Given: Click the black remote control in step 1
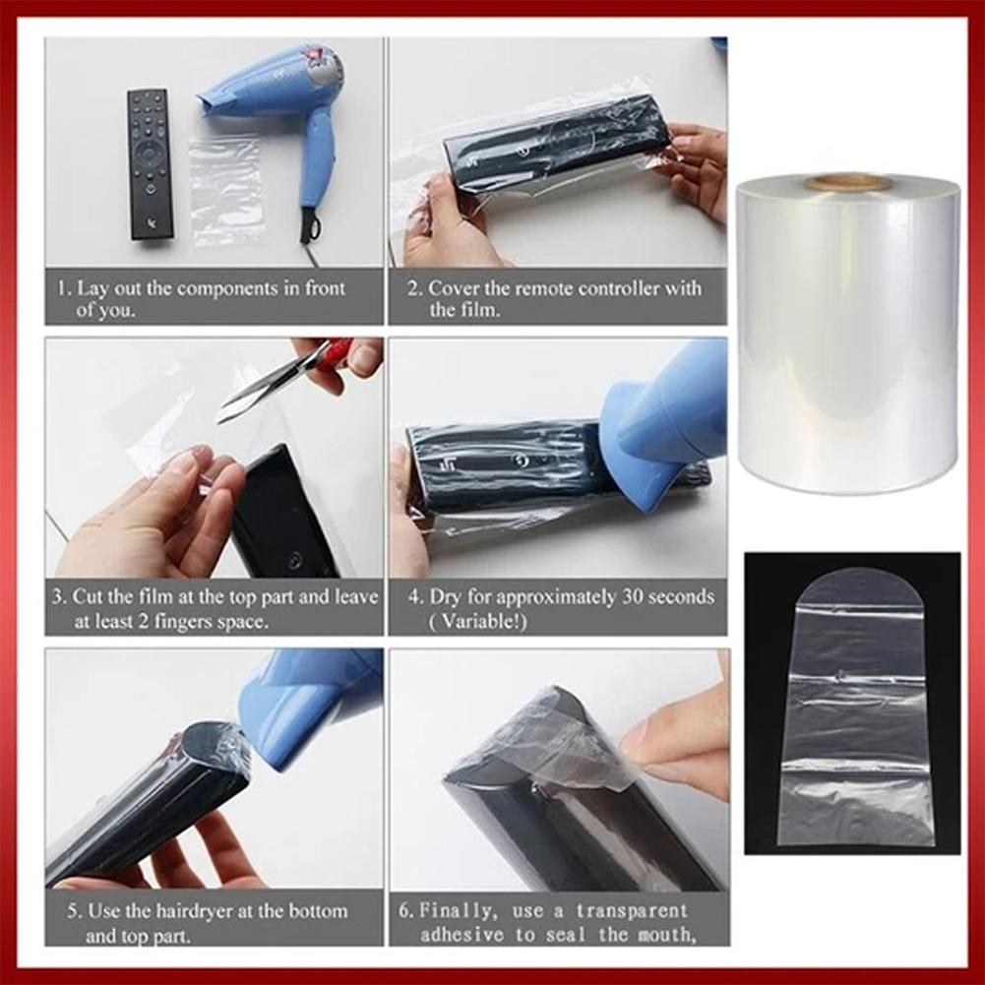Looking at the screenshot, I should coord(150,163).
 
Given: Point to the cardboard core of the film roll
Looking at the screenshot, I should coord(847,182).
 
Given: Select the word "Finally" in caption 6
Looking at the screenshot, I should coord(460,911).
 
